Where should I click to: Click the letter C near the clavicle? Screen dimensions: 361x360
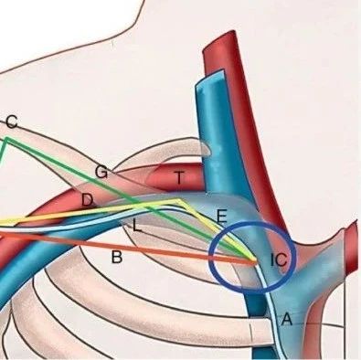12,122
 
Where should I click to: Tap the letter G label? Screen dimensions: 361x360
101,173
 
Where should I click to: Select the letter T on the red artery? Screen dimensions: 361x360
180,177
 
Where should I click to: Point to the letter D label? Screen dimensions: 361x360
87,200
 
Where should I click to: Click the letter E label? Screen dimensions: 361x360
222,217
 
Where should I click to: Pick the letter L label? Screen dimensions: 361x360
137,226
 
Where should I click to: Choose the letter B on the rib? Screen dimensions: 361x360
117,257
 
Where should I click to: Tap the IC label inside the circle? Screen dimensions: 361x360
279,259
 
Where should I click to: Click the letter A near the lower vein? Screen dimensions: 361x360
287,320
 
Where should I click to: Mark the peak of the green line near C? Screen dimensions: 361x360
6,139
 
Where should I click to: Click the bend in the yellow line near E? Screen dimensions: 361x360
178,200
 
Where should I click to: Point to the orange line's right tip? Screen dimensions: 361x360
255,261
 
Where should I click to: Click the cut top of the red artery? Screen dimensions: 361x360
219,39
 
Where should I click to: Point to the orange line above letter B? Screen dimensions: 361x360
127,246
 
